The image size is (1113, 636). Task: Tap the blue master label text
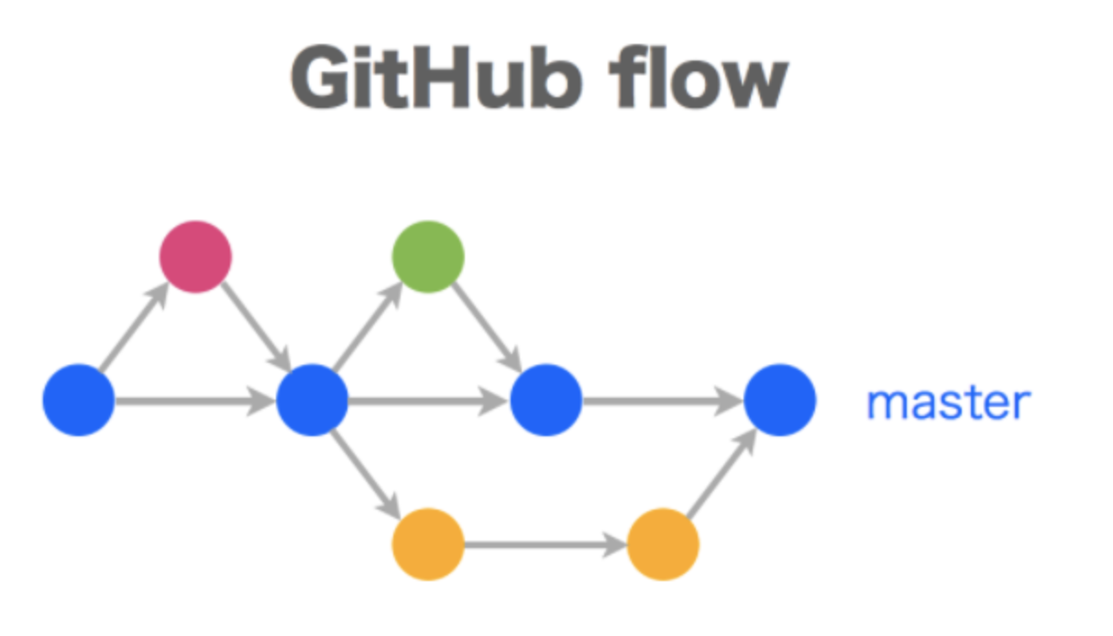(948, 402)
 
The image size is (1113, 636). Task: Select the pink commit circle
(195, 257)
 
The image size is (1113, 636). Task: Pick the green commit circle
(428, 257)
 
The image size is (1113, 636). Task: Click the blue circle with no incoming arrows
(79, 400)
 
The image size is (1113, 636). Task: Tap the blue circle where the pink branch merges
(313, 400)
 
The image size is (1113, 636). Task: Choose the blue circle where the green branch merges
(546, 400)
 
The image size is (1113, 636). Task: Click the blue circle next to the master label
(780, 400)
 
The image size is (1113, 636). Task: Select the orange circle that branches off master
(428, 545)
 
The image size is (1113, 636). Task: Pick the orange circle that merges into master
(663, 545)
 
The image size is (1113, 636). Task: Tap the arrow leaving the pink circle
(256, 326)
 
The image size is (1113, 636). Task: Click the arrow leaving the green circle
(489, 326)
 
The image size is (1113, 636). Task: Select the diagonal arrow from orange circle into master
(722, 473)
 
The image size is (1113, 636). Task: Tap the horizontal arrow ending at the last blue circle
(663, 400)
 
